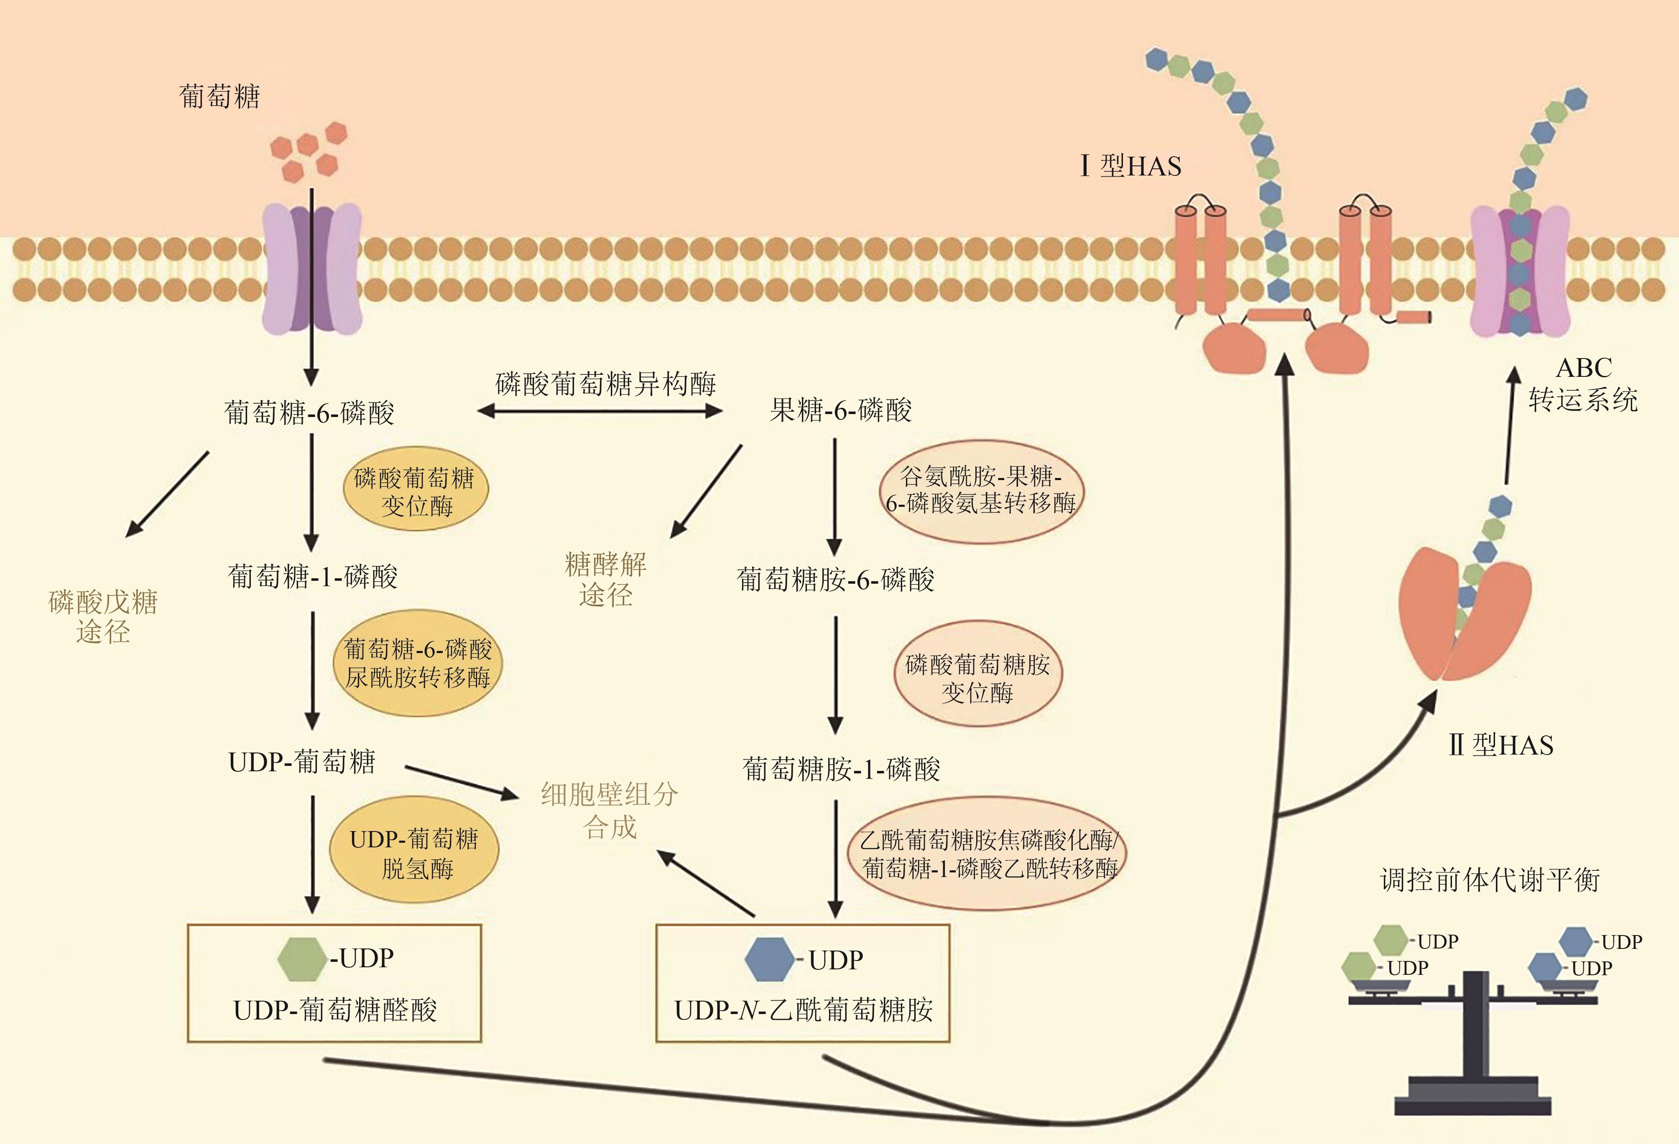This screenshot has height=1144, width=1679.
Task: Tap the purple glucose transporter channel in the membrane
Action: tap(311, 269)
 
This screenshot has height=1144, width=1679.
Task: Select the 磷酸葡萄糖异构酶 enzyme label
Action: tap(605, 384)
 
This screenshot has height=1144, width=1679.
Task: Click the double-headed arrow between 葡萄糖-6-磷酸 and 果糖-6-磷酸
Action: tap(600, 412)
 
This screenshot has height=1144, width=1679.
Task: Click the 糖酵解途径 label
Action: tap(605, 579)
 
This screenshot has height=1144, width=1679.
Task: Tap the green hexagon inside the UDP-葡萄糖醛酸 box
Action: tap(301, 959)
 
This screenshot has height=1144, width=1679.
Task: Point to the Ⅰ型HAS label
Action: tap(1130, 166)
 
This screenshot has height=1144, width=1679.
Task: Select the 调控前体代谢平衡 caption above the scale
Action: tap(1490, 880)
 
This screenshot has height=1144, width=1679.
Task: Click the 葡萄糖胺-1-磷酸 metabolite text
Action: tap(841, 769)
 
